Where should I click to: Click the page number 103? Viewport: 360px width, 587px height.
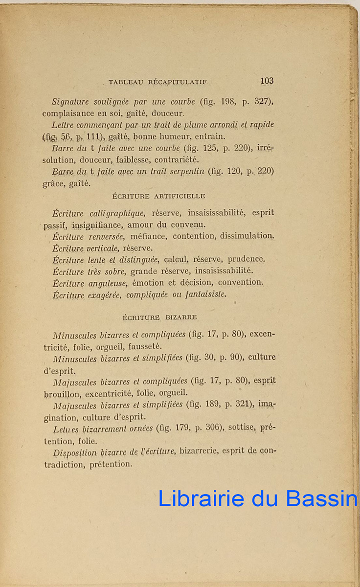(267, 81)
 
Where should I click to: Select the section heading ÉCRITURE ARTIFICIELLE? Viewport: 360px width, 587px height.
(159, 196)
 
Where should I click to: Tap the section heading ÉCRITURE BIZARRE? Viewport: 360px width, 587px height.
(159, 317)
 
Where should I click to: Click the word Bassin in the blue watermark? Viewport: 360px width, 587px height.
(321, 498)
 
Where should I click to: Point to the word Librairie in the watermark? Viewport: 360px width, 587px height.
(201, 498)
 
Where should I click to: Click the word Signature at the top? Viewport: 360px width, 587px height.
(71, 102)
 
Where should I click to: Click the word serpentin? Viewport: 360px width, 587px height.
(184, 172)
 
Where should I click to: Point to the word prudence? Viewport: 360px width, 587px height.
(247, 259)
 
